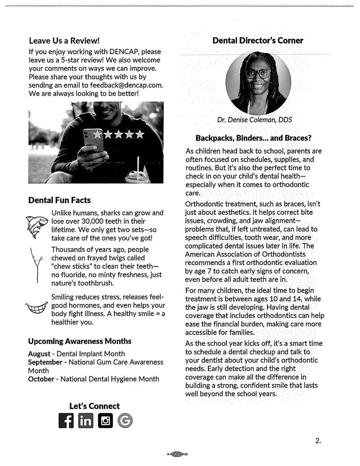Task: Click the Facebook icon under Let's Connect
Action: click(x=66, y=421)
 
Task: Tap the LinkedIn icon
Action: click(x=85, y=421)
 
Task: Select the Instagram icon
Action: click(x=105, y=421)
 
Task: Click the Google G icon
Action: click(x=125, y=421)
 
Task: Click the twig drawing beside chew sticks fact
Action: click(x=36, y=265)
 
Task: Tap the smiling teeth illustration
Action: click(x=37, y=308)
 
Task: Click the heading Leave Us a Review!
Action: click(x=64, y=41)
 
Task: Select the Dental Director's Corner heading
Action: click(x=258, y=41)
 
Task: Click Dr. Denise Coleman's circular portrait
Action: click(x=258, y=83)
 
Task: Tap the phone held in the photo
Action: click(x=93, y=140)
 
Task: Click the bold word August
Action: click(x=39, y=353)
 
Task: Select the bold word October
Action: click(x=41, y=379)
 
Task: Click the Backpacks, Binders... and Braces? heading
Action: click(x=254, y=137)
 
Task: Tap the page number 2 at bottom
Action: click(x=318, y=440)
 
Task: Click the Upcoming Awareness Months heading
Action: click(x=80, y=341)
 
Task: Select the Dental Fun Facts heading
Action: click(x=59, y=199)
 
